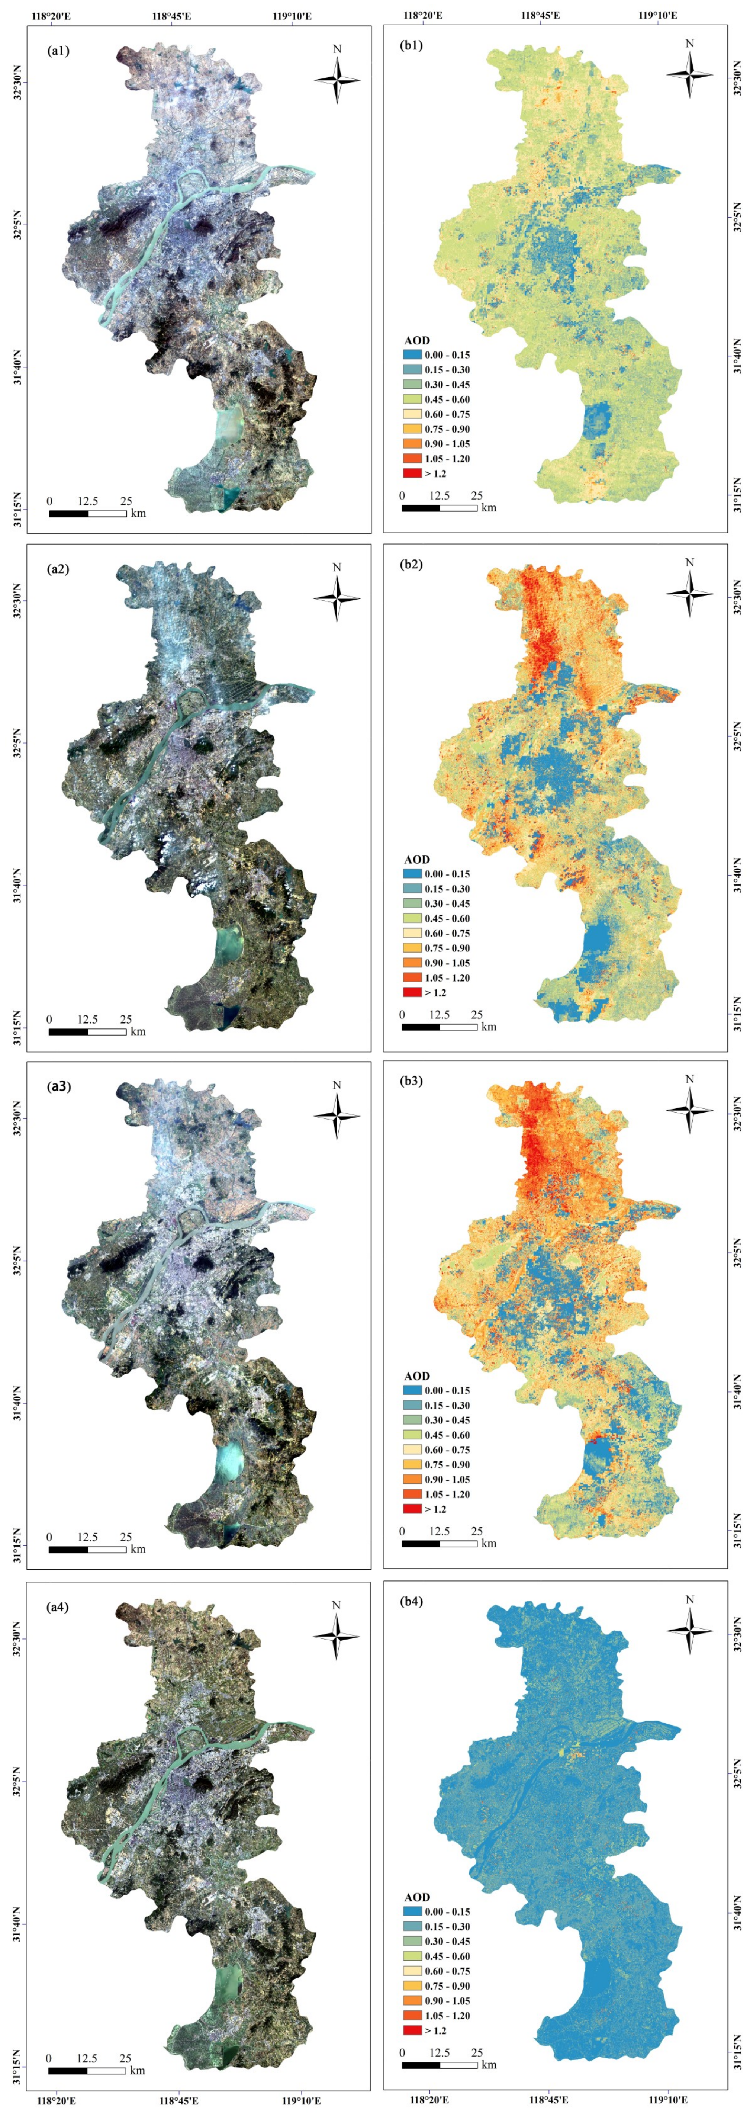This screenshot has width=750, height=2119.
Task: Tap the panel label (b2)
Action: [x=411, y=565]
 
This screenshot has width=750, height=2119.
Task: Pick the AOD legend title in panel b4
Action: [x=417, y=1897]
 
